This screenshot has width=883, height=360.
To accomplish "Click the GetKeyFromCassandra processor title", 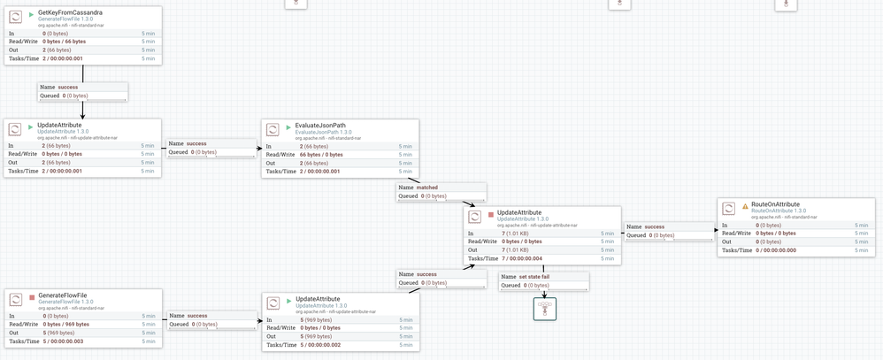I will tap(71, 12).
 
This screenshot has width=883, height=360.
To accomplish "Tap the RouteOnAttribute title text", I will tap(775, 203).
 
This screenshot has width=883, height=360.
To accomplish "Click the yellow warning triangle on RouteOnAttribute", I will tap(745, 204).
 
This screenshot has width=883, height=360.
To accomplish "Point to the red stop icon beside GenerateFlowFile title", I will tap(31, 294).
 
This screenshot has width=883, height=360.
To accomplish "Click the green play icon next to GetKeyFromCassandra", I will tap(31, 13).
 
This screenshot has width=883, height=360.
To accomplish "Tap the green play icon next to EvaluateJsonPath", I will tap(288, 126).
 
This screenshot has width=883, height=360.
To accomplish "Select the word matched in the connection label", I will tap(427, 188).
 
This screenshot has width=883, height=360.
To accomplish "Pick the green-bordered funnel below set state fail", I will tap(544, 309).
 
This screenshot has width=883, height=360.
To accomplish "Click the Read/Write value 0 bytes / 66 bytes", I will tap(65, 41).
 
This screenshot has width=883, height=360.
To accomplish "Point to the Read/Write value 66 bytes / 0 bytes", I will tap(321, 154).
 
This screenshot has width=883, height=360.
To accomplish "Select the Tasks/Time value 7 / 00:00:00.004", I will tap(522, 258).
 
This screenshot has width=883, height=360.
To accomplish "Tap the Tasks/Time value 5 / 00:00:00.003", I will tap(65, 341).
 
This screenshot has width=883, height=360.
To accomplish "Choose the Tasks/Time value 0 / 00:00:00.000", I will tap(776, 250).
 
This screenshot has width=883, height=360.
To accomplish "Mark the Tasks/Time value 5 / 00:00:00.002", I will tap(321, 345).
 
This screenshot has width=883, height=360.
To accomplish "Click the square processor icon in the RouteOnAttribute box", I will tap(728, 209).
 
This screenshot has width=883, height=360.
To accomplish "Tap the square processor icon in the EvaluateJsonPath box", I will tap(273, 130).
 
